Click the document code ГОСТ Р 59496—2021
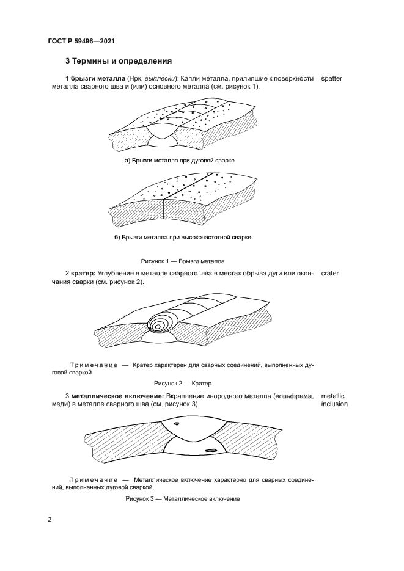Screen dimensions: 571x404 coord(81,42)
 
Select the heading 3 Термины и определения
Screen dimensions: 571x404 coord(118,61)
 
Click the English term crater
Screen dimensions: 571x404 coord(329,273)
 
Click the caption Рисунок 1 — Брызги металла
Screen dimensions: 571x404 coord(183,261)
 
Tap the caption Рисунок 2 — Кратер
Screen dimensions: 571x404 coord(182,384)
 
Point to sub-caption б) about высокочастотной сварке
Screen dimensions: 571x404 coord(183,237)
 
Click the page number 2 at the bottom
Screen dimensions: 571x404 coord(50,520)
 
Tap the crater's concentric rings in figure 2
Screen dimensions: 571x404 coord(160,324)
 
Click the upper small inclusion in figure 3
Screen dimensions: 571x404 coord(177,423)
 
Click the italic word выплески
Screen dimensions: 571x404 coord(160,79)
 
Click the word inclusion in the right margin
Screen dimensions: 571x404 coord(334,404)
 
